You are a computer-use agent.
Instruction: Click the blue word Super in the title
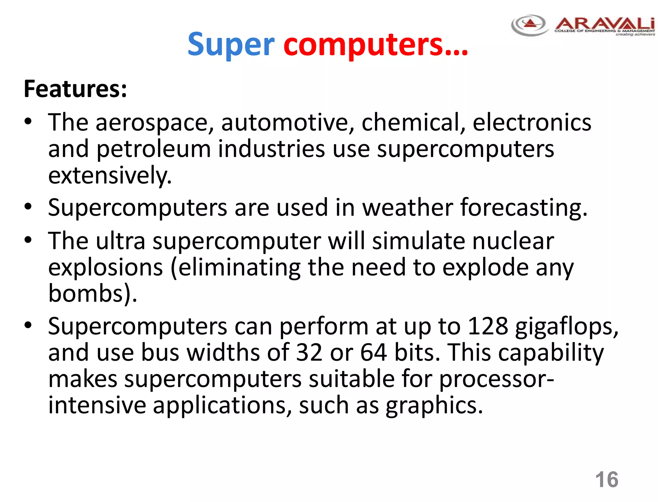(231, 45)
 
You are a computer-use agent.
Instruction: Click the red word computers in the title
(375, 45)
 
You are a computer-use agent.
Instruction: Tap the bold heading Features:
(75, 89)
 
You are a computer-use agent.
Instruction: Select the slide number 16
(606, 480)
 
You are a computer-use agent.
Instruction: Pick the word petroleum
(153, 149)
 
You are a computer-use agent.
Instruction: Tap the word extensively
(110, 176)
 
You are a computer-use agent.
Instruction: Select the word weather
(407, 207)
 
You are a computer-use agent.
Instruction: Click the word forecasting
(524, 208)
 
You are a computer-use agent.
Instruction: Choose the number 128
(488, 326)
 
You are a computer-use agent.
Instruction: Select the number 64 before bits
(373, 352)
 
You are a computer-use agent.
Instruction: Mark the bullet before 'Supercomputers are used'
(28, 207)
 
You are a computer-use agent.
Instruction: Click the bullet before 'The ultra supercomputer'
(28, 240)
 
